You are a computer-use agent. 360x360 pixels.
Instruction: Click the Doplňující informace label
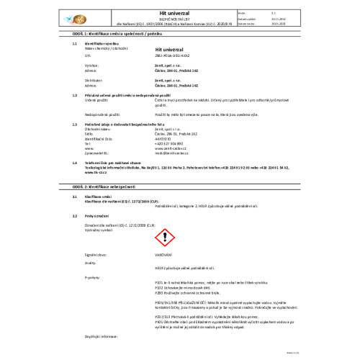click(101, 336)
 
